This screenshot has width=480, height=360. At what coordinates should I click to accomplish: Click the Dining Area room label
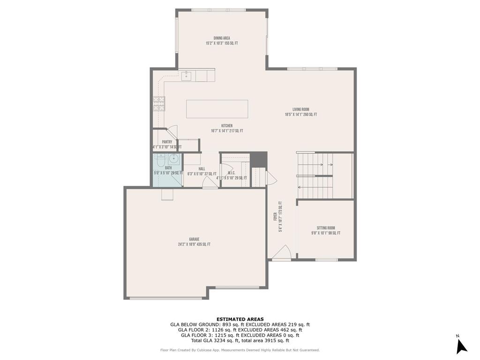pos(222,38)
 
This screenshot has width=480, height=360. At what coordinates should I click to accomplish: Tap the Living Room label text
pos(300,109)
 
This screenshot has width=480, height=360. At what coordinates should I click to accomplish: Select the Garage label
pos(194,239)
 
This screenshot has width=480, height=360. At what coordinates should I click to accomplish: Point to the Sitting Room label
pos(325,228)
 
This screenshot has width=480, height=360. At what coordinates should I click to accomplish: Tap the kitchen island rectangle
pos(217,109)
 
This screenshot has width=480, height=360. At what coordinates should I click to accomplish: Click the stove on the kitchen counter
pos(159,103)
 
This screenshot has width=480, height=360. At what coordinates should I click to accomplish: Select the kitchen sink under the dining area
pos(186,75)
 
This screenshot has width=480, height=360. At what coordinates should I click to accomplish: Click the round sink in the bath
pos(173,158)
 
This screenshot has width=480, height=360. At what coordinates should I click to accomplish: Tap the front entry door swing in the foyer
pos(281,254)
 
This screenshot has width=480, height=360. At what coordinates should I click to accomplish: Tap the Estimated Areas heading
pos(240,319)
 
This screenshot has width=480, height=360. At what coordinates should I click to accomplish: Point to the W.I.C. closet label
pos(231,173)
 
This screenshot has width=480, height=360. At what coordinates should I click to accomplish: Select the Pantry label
pos(167,142)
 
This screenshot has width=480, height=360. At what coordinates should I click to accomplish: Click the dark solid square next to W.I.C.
pos(258,159)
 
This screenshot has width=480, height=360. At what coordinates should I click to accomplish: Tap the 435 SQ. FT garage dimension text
pos(202,244)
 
